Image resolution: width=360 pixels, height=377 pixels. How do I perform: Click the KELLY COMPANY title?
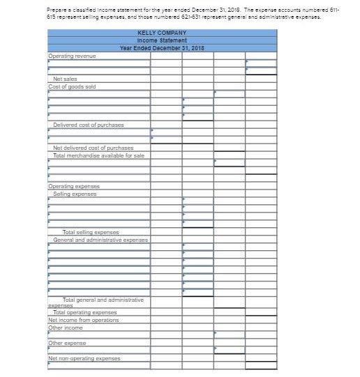(161, 33)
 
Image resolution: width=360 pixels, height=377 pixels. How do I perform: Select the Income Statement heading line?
(161, 40)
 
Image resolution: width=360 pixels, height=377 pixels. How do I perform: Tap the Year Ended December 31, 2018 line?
(161, 48)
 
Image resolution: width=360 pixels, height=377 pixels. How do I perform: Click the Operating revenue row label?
(72, 55)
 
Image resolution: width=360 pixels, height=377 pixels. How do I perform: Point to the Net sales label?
(65, 79)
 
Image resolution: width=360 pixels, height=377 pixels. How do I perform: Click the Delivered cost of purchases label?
(89, 125)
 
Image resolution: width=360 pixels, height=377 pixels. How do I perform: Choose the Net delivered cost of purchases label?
(93, 148)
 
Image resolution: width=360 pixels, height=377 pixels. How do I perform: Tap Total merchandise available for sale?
(98, 155)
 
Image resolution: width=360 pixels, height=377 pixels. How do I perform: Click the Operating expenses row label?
(74, 187)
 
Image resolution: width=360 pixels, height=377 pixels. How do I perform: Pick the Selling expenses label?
(75, 194)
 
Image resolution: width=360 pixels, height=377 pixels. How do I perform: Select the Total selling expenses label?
(91, 232)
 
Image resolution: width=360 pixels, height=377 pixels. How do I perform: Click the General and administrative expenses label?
(100, 239)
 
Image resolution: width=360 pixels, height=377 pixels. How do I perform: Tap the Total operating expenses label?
(85, 313)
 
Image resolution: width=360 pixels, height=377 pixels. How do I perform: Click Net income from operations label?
(84, 320)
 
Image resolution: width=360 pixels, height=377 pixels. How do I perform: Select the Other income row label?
(66, 328)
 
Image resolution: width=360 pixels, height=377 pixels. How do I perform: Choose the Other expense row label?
(67, 343)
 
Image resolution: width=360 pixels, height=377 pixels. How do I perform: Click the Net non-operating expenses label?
(84, 358)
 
